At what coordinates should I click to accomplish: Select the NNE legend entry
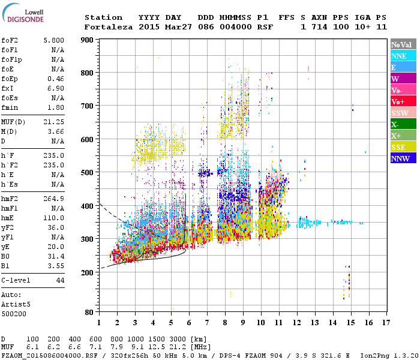[403, 56]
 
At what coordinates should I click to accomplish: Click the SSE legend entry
[403, 147]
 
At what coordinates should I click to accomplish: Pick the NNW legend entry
[403, 158]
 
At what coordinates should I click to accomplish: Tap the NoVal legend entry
[403, 44]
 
